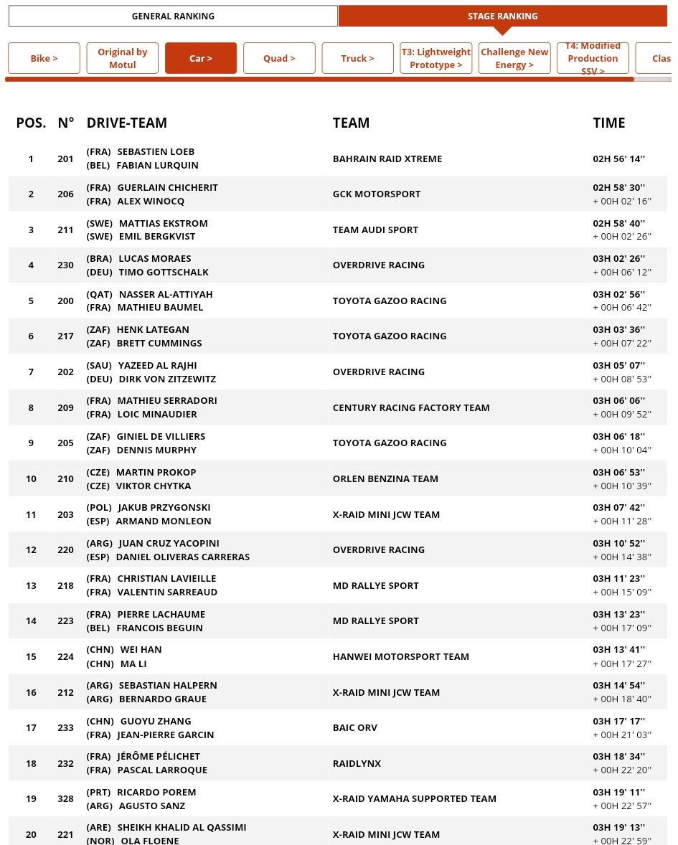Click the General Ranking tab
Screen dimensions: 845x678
[x=173, y=16]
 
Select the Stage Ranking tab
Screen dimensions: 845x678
[x=502, y=16]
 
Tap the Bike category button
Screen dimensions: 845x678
[x=44, y=58]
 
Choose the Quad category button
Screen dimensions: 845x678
[x=279, y=58]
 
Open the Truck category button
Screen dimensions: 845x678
[x=357, y=58]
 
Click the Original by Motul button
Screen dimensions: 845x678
[x=122, y=58]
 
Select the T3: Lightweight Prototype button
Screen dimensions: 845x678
[x=435, y=58]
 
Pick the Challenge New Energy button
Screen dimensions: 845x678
[x=514, y=58]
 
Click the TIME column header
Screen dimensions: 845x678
[x=608, y=123]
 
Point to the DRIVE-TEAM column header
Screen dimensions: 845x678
[x=126, y=123]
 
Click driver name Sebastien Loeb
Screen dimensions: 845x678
[x=156, y=152]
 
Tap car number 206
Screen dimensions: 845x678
[x=65, y=194]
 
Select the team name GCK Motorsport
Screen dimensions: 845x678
[x=377, y=194]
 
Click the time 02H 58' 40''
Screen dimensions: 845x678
[x=618, y=223]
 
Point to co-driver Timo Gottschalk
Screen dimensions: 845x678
[x=163, y=272]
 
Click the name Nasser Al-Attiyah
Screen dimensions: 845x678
[x=166, y=294]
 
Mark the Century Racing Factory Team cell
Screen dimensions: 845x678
[x=411, y=407]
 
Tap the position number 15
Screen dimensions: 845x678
[x=31, y=657]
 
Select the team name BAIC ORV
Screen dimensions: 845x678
[x=354, y=728]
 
